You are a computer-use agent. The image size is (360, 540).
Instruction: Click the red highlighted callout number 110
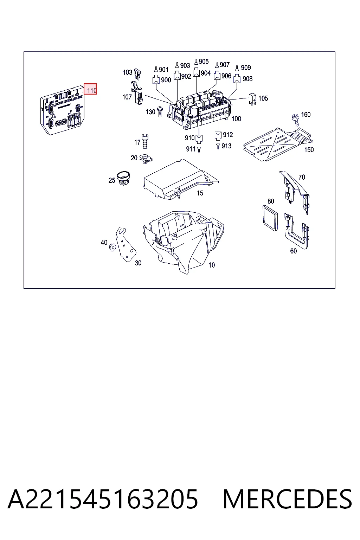pyautogui.click(x=90, y=89)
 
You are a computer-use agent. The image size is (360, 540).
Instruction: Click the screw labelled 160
pyautogui.click(x=296, y=120)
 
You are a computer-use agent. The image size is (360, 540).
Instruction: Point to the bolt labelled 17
pyautogui.click(x=145, y=141)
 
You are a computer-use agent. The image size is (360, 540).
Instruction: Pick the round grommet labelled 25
pyautogui.click(x=123, y=178)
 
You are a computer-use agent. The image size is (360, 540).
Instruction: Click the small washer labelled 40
pyautogui.click(x=112, y=247)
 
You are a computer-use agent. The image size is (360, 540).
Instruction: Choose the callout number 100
pyautogui.click(x=236, y=119)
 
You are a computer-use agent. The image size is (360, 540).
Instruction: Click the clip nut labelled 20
pyautogui.click(x=146, y=159)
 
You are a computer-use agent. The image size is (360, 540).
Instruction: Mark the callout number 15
pyautogui.click(x=200, y=193)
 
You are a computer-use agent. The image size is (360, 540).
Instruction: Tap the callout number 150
pyautogui.click(x=309, y=150)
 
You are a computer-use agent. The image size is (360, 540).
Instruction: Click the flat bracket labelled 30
pyautogui.click(x=126, y=244)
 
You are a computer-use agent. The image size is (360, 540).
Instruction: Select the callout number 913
pyautogui.click(x=226, y=146)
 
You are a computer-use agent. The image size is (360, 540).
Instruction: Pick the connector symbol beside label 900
pyautogui.click(x=156, y=79)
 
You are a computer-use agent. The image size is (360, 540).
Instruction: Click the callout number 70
pyautogui.click(x=302, y=178)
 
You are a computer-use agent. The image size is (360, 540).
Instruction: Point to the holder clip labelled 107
pyautogui.click(x=137, y=93)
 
